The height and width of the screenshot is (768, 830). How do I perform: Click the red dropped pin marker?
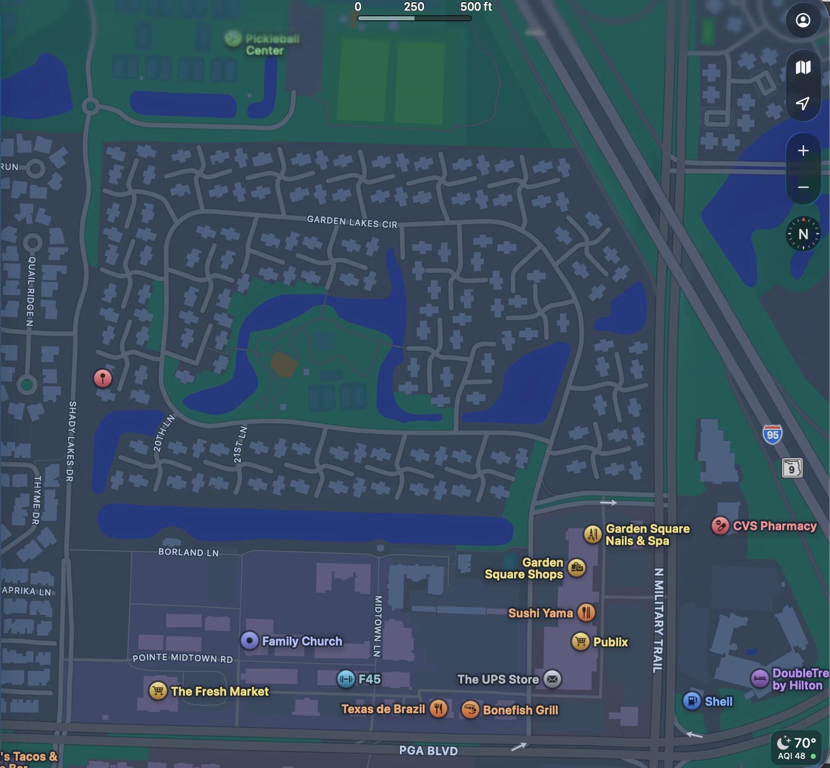103,378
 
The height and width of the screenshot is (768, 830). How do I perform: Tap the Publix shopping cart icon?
580,642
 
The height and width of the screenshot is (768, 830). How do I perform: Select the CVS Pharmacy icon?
720,526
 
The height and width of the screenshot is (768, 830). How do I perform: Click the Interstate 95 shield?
772,435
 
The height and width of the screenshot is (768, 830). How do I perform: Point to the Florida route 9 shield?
792,468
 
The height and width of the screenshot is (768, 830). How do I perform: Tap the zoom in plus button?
803,151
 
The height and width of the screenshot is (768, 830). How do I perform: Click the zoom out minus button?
803,187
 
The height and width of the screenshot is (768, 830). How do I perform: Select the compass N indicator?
803,234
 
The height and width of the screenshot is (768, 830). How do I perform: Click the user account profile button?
803,20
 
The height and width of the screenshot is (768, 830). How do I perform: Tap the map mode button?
803,68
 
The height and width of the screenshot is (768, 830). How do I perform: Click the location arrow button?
803,104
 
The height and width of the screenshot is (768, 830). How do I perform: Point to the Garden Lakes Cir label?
352,222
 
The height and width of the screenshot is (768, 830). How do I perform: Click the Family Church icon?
249,641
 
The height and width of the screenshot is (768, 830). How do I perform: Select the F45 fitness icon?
346,679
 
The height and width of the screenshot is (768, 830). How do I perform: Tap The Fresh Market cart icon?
158,691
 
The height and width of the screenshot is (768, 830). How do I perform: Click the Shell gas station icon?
692,701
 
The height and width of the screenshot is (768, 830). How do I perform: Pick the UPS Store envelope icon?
553,679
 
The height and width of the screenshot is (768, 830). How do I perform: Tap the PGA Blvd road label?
428,751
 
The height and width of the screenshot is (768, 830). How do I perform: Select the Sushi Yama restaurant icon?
586,613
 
